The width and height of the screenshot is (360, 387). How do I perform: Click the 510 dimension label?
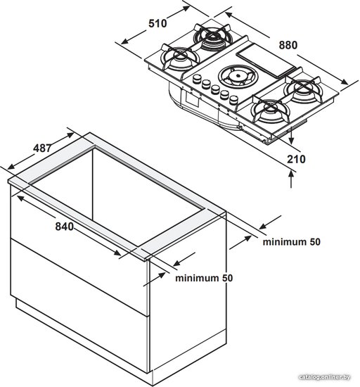click(157, 24)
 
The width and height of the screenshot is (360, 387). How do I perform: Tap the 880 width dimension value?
click(288, 46)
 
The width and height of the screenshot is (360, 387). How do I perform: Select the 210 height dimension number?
click(296, 159)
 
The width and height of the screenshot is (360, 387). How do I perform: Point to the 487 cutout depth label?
click(43, 148)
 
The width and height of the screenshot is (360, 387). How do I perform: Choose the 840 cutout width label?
click(65, 227)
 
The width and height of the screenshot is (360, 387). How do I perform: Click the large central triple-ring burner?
click(238, 76)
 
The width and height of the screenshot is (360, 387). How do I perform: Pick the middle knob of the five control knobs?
click(215, 89)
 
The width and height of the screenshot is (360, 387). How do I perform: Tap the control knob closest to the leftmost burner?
click(197, 79)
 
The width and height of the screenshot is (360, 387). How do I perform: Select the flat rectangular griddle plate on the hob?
click(266, 61)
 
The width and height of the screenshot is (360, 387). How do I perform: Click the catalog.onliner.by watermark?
click(324, 377)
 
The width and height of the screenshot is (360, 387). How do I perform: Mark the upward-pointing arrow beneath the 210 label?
click(292, 179)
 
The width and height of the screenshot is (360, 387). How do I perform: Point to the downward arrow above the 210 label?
click(292, 136)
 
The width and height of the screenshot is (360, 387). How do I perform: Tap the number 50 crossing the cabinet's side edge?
click(226, 278)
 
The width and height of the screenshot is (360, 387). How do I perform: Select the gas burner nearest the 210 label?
click(271, 112)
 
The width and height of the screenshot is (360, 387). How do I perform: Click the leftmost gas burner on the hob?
click(179, 58)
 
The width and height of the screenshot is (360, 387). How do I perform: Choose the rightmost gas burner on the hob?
click(303, 90)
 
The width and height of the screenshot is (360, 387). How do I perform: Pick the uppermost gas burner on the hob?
click(213, 37)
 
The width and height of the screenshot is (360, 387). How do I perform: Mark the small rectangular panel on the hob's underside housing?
click(193, 99)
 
